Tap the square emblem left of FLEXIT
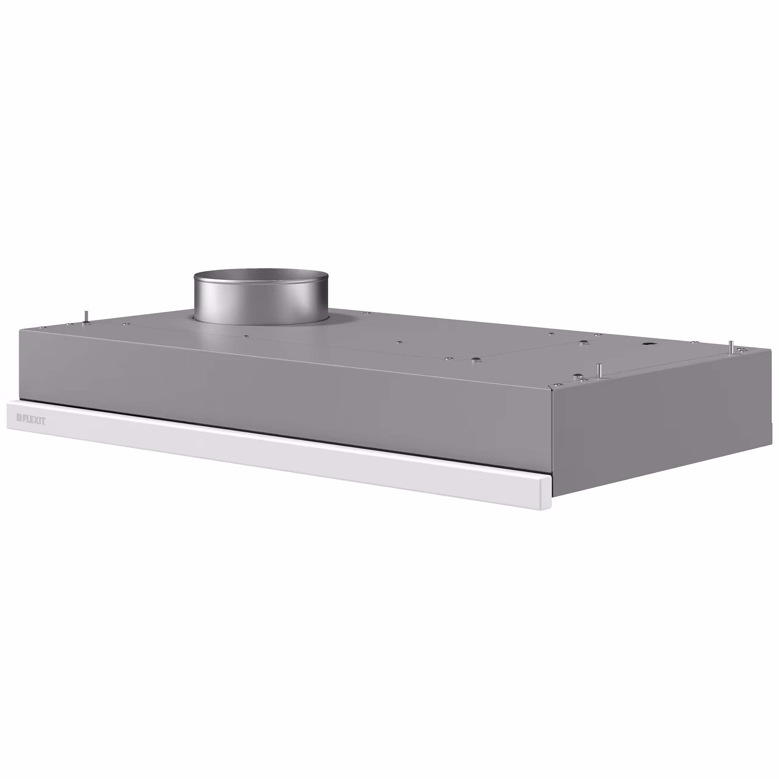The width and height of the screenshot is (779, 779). [19, 418]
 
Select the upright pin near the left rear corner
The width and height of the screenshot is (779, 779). [85, 316]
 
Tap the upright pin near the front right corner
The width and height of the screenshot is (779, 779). [599, 370]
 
